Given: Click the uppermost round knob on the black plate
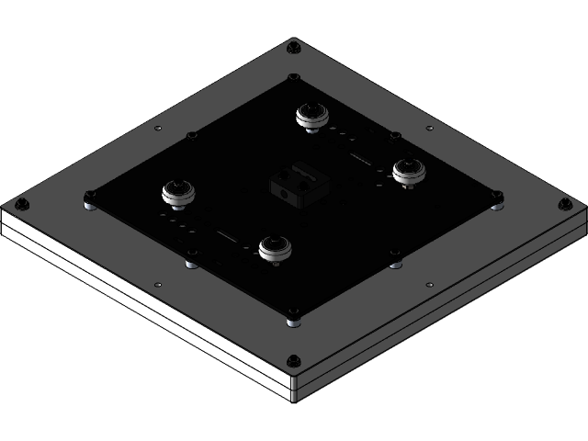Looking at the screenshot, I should [x=311, y=116].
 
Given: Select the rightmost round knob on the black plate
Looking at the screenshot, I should [x=407, y=171].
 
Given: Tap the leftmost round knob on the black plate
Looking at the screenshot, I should [x=177, y=193].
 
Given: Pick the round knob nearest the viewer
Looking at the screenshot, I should [x=274, y=248].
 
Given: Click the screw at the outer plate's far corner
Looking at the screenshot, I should [x=293, y=46].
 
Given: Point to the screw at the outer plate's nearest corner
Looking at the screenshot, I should [x=293, y=359].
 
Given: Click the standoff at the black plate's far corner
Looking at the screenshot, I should [x=293, y=79].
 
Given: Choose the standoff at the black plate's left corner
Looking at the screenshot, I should [x=89, y=198].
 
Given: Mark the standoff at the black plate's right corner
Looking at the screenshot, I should [x=497, y=198].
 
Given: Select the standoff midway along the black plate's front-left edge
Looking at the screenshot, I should [x=191, y=261].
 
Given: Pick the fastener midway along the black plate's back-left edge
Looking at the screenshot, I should [x=192, y=135].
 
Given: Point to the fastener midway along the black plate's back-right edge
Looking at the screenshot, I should [x=396, y=135].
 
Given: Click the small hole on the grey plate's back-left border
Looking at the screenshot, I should [x=158, y=127].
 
